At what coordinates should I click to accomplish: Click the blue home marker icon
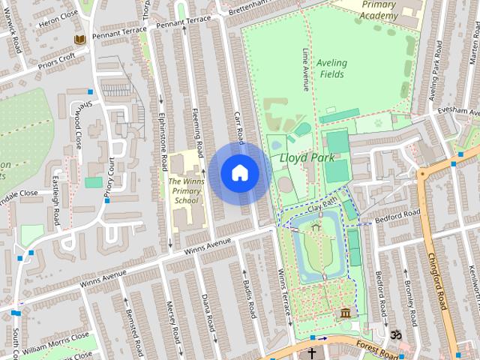[239, 173]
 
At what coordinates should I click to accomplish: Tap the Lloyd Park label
[301, 158]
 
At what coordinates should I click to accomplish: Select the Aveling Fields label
[331, 69]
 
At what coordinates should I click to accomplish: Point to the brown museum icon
[346, 313]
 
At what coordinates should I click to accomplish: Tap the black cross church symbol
[311, 352]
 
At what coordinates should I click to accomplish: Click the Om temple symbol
[396, 333]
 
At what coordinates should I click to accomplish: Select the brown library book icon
[79, 39]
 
